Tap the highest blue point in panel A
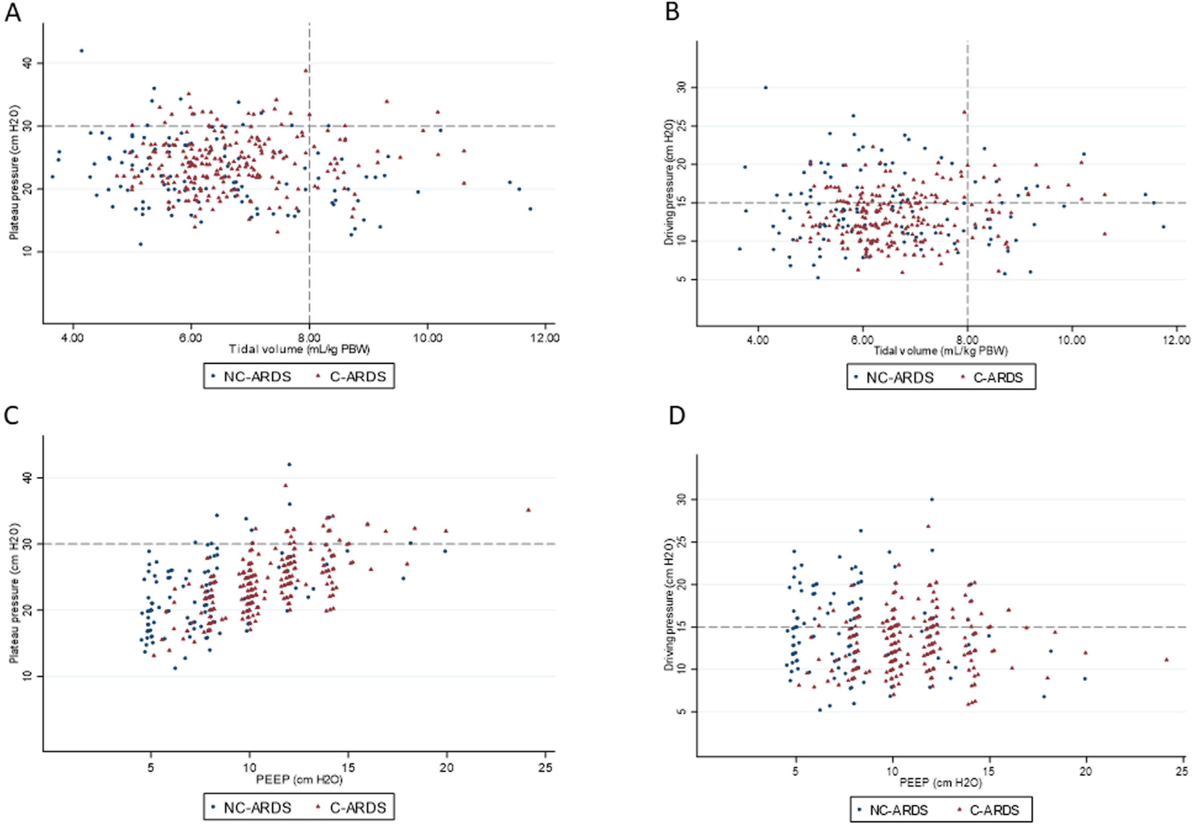point(81,51)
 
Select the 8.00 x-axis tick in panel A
point(309,338)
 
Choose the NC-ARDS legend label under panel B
point(899,378)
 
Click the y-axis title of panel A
point(14,173)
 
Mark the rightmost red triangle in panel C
point(528,510)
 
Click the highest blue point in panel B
point(765,87)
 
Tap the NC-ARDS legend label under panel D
point(899,810)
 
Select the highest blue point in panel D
point(932,500)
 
